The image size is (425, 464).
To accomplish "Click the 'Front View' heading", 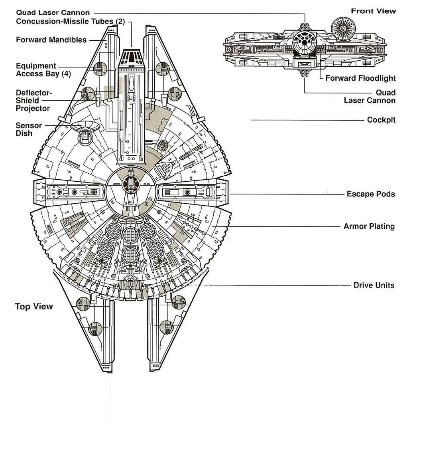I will [x=373, y=11].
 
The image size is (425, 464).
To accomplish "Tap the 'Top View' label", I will [x=34, y=306].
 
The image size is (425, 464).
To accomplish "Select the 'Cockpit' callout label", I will [x=381, y=120].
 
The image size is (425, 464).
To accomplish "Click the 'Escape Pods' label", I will [x=370, y=194].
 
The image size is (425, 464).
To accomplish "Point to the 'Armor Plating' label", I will [x=369, y=226].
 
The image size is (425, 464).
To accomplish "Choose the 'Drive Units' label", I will [x=374, y=285].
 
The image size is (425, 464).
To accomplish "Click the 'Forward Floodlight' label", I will [x=360, y=78].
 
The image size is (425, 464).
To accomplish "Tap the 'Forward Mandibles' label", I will [x=51, y=40].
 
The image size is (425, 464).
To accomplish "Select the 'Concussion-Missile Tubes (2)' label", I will [x=70, y=21].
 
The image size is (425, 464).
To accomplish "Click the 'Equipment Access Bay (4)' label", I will [x=43, y=70].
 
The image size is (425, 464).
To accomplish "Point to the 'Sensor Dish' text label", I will [x=28, y=129].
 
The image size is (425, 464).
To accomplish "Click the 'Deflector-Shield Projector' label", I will [x=33, y=100].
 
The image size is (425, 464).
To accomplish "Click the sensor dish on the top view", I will [x=85, y=127].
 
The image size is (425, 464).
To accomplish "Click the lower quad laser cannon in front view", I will [x=305, y=73].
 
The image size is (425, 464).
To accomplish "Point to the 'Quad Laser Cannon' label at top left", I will [x=53, y=13].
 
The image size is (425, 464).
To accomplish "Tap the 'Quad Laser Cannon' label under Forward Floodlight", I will [x=370, y=97].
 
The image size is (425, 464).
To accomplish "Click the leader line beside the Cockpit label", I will [x=307, y=120].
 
